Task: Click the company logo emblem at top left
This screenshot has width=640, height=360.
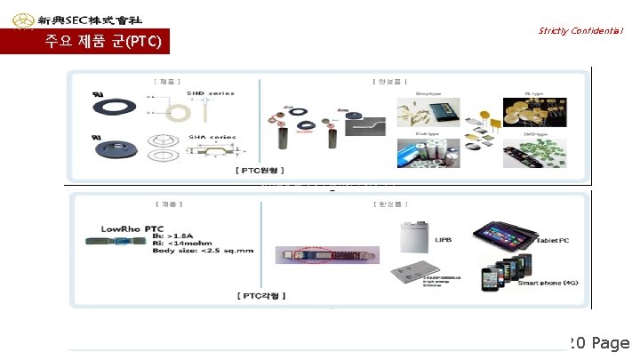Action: pyautogui.click(x=18, y=19)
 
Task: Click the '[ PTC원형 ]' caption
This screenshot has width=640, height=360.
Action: pyautogui.click(x=259, y=168)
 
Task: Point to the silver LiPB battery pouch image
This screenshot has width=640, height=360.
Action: pyautogui.click(x=417, y=236)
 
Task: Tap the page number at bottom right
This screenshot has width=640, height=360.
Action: pyautogui.click(x=599, y=343)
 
